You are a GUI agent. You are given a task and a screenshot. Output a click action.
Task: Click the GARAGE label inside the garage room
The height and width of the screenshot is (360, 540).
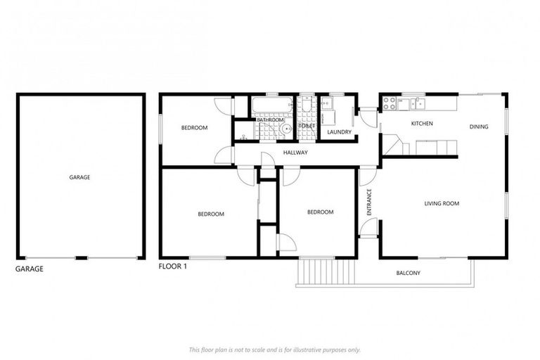point(79,178)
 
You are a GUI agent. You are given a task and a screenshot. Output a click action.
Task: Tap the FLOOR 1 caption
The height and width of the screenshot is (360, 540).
point(173,267)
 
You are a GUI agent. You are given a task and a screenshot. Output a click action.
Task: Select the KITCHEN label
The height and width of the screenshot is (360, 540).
point(422,124)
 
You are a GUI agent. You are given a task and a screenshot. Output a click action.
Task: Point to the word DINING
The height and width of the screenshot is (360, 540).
point(479,127)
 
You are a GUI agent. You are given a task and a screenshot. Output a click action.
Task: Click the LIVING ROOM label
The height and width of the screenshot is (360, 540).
point(442,204)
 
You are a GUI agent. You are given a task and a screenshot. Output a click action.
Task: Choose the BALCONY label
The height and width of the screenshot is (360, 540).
point(409,273)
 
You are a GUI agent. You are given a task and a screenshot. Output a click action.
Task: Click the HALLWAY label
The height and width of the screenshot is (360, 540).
point(295,153)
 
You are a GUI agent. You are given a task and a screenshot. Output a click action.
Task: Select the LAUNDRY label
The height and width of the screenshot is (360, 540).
point(340,132)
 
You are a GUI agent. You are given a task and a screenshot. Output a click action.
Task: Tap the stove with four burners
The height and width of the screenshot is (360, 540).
point(389,105)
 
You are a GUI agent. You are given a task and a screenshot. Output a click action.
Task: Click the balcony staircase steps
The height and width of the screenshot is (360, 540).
point(326,271)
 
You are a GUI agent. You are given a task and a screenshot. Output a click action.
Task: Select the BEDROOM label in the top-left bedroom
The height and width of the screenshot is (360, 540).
point(194,127)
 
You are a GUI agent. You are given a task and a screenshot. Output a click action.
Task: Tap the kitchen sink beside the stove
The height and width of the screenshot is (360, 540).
point(420,104)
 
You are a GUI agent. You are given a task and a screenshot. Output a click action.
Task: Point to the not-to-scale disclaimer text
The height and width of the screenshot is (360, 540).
point(274,349)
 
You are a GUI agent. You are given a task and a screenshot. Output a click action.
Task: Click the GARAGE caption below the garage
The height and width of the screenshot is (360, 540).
point(30,269)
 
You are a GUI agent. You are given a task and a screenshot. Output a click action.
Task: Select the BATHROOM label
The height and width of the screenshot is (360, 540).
point(269,120)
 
